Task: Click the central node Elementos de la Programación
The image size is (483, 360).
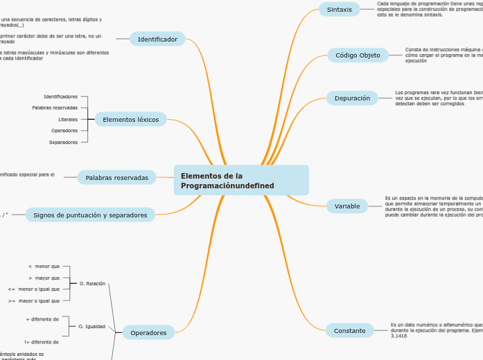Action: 241,180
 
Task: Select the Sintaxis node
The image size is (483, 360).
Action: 340,9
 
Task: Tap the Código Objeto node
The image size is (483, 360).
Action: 358,55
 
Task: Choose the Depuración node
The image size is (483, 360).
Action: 352,98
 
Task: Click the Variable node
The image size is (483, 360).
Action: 347,206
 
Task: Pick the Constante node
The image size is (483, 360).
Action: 349,331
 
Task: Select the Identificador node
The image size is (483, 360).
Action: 157,39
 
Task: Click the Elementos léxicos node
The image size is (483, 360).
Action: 130,120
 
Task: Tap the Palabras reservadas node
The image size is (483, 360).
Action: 116,178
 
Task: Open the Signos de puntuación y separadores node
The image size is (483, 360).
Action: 90,215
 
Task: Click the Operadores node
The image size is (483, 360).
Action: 148,333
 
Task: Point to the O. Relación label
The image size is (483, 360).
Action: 92,283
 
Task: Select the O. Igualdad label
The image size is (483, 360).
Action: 92,326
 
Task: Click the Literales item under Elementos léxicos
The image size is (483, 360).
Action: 68,119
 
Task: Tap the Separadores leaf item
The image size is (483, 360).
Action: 64,142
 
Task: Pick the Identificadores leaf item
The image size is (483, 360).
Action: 61,96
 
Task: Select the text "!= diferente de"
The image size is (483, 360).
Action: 42,342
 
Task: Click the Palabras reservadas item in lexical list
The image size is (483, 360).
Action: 55,108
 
